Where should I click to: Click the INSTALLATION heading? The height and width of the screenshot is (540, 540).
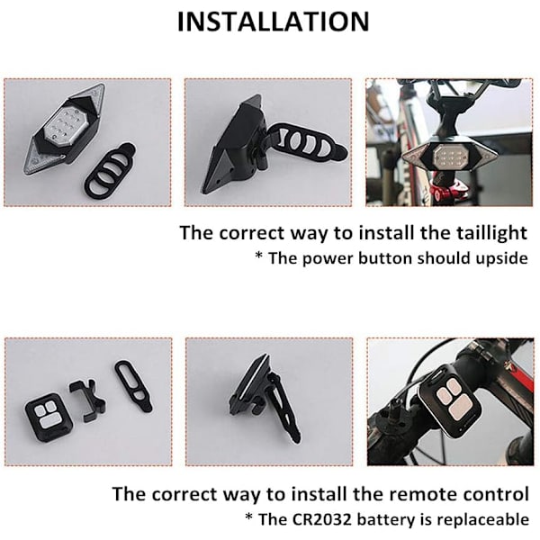click(273, 22)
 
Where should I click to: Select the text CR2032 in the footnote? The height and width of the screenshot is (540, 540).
click(322, 519)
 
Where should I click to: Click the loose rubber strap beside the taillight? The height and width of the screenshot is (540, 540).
click(110, 171)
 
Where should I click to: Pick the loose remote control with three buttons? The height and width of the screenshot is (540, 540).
click(49, 418)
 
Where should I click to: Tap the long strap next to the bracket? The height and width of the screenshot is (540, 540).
click(133, 386)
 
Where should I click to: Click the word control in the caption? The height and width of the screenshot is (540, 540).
click(496, 494)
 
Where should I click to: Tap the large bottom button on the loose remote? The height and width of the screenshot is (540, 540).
click(50, 422)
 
